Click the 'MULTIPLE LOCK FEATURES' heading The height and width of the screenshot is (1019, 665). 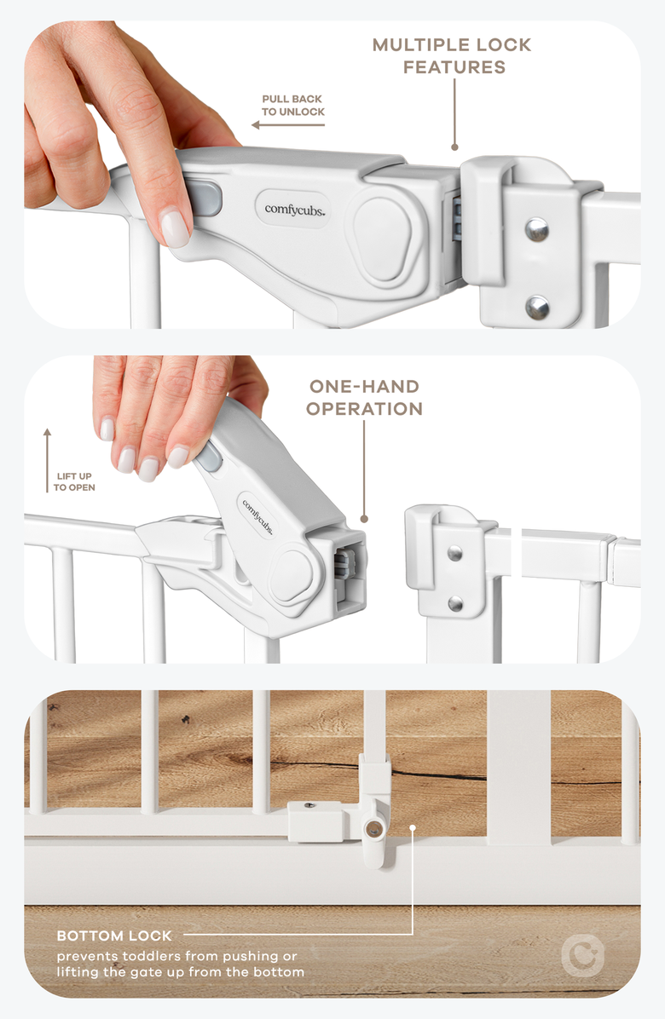click(451, 55)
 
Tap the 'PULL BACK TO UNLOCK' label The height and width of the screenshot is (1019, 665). click(293, 105)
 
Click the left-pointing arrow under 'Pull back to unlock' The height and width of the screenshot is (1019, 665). click(288, 125)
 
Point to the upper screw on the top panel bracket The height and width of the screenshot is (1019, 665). click(536, 228)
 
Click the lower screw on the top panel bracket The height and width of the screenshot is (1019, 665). click(536, 307)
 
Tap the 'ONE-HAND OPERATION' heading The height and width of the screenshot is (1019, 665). click(365, 398)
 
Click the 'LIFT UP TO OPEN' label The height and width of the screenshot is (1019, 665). click(74, 481)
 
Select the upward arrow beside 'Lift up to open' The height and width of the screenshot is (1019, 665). click(47, 460)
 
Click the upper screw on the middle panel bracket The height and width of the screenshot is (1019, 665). click(455, 553)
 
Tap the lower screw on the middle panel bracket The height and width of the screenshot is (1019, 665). click(455, 603)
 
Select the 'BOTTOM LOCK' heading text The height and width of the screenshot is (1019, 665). click(114, 936)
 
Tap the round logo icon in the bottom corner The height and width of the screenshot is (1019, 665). click(582, 954)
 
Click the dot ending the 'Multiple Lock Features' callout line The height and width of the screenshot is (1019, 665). click(454, 147)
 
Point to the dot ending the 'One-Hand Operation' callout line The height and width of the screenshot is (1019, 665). click(364, 518)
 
